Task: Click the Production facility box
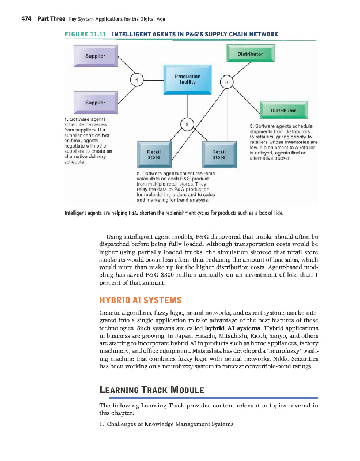pyautogui.click(x=188, y=79)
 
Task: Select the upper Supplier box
pyautogui.click(x=95, y=56)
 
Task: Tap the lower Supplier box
pyautogui.click(x=95, y=103)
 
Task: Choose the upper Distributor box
pyautogui.click(x=250, y=54)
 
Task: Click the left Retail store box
pyautogui.click(x=154, y=154)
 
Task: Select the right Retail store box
pyautogui.click(x=219, y=154)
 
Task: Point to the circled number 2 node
pyautogui.click(x=187, y=123)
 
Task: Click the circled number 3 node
pyautogui.click(x=228, y=82)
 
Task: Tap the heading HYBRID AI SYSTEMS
pyautogui.click(x=141, y=300)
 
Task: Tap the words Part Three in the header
pyautogui.click(x=50, y=19)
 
